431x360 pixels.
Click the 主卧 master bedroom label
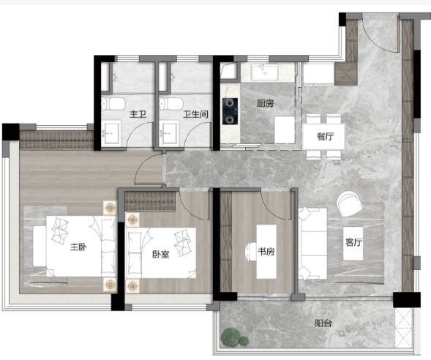[78, 247]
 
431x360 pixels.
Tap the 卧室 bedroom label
[161, 255]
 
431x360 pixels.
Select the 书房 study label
[266, 252]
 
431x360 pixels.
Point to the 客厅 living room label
[353, 242]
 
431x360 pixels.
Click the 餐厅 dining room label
[325, 136]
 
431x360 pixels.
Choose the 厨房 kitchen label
[265, 103]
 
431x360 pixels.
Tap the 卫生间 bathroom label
[195, 114]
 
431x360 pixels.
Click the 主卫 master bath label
[138, 114]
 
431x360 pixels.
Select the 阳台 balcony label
[323, 323]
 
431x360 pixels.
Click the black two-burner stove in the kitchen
[230, 111]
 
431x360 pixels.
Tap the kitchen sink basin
[264, 72]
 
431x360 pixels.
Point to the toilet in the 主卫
[113, 104]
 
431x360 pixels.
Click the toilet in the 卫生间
[171, 104]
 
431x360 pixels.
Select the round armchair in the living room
[350, 204]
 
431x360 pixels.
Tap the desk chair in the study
[251, 252]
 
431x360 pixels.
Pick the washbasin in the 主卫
[111, 134]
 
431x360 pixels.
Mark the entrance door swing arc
[378, 40]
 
